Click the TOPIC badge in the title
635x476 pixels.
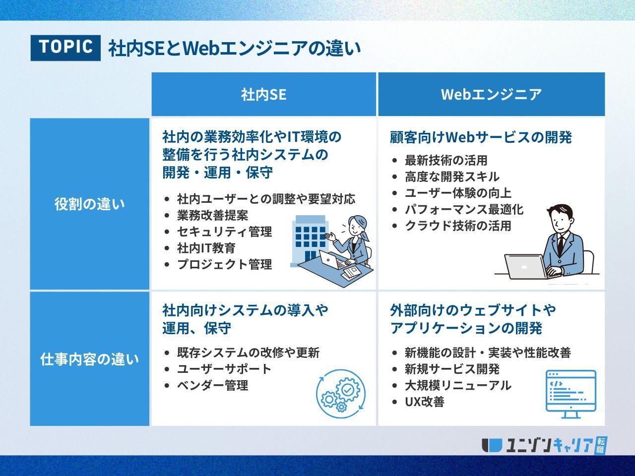[65, 48]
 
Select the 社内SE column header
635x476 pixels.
[263, 94]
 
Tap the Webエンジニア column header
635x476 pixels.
[491, 94]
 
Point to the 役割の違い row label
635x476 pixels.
[90, 204]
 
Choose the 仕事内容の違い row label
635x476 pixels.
[90, 359]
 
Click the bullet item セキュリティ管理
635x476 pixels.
[225, 232]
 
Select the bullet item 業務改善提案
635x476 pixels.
[213, 215]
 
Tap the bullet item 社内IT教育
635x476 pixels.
[206, 248]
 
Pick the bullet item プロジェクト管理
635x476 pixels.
[225, 264]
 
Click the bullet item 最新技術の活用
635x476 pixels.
[446, 160]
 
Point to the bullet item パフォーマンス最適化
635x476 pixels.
[464, 210]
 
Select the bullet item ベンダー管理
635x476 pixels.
[213, 385]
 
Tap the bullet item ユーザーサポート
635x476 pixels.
[224, 369]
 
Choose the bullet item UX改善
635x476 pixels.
[424, 402]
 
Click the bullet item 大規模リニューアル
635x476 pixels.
[458, 385]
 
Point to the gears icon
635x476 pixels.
[341, 393]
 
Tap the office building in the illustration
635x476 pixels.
[310, 241]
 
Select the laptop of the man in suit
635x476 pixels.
[525, 266]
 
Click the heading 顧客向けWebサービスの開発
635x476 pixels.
[481, 137]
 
